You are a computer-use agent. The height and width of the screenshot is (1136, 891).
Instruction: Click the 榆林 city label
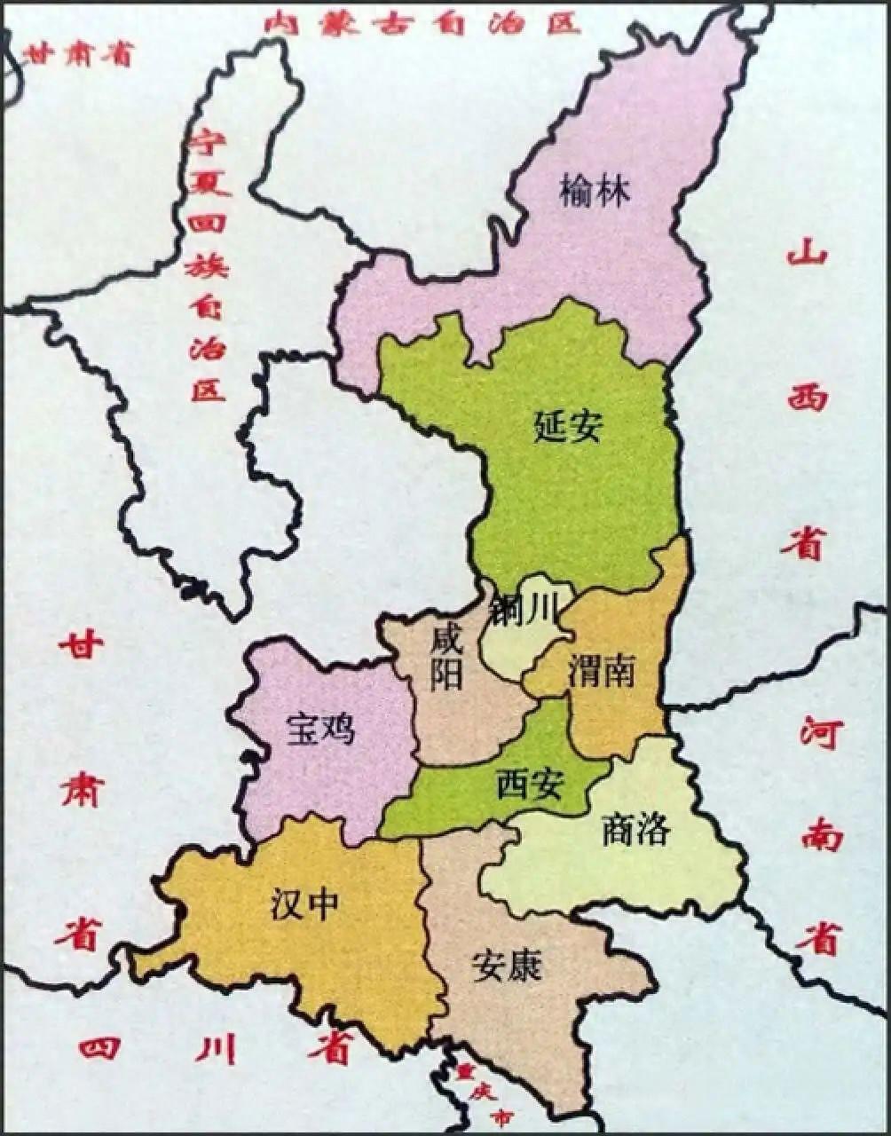click(595, 191)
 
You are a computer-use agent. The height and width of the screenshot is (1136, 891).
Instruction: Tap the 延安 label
click(569, 426)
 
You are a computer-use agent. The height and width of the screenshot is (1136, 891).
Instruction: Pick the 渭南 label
click(603, 670)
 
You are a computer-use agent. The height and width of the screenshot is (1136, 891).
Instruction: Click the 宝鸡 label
click(320, 729)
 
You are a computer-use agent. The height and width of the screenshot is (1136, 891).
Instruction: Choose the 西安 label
click(529, 784)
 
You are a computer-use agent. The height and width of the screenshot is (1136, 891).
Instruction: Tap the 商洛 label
click(635, 831)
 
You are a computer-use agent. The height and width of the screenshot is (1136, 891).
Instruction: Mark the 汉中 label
click(304, 905)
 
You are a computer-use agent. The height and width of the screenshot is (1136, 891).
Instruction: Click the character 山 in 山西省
click(807, 256)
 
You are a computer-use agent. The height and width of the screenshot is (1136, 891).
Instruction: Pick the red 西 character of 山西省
click(807, 397)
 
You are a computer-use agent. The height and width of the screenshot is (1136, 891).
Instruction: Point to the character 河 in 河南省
click(818, 733)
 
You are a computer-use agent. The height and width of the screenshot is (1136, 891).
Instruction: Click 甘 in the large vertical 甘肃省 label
click(82, 646)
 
